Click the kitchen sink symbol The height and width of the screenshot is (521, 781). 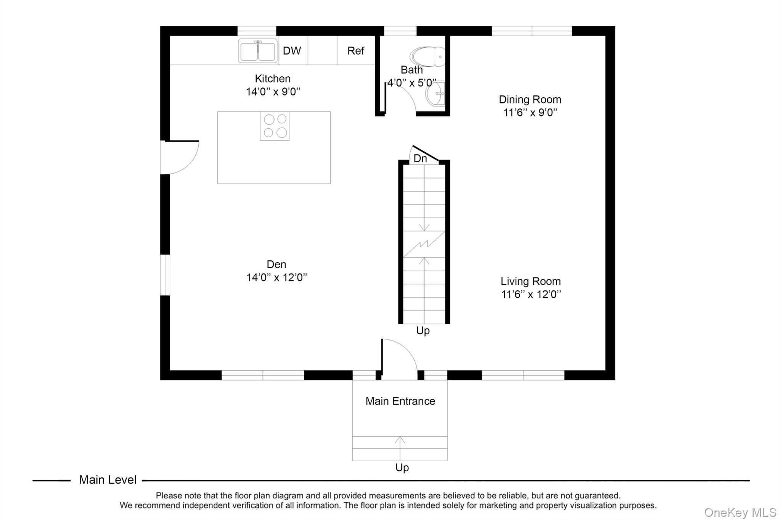click(258, 51)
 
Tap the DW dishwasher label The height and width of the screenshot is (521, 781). click(292, 51)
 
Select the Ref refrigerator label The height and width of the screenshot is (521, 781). click(355, 51)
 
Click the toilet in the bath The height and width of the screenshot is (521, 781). click(428, 56)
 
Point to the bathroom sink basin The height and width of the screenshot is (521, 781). click(435, 94)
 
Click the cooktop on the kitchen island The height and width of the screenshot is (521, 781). click(275, 126)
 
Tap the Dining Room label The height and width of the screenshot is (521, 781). click(530, 100)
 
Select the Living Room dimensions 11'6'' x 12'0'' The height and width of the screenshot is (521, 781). click(531, 294)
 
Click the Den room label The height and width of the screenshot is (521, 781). click(276, 264)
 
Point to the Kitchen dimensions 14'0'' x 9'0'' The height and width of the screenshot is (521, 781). click(273, 92)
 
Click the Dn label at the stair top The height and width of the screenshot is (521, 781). click(420, 158)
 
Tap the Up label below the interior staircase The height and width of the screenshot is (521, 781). click(423, 331)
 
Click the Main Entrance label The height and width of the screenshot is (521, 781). click(400, 401)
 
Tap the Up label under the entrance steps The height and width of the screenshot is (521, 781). click(402, 468)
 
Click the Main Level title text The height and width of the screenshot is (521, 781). click(108, 480)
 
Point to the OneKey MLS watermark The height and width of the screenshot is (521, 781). click(740, 512)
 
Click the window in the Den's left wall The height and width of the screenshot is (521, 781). click(165, 275)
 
